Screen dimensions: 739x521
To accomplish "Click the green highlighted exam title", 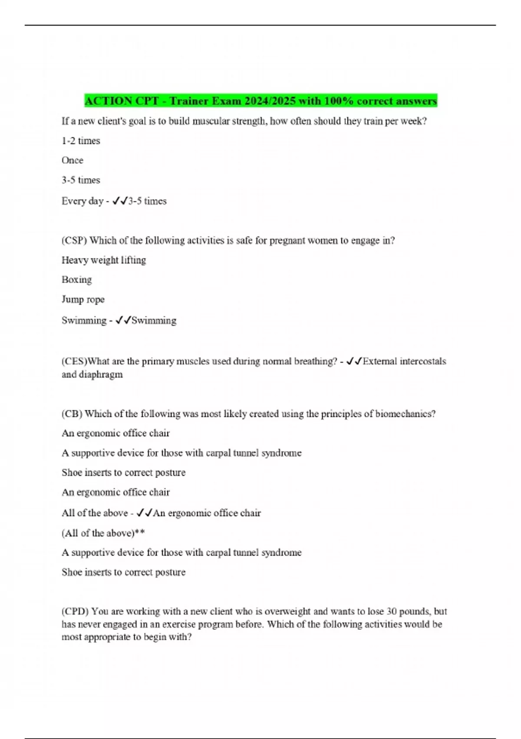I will coord(260,101).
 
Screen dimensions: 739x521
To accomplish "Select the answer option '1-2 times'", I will coord(81,141).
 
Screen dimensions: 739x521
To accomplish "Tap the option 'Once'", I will coord(73,160).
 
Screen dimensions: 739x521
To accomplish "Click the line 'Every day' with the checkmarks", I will coord(114,201).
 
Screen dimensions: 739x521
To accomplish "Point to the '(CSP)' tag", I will coord(74,240).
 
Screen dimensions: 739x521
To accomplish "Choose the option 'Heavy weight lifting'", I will coord(104,260).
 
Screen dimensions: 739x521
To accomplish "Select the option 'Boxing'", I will coord(77,280).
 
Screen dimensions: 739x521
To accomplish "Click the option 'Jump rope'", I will coord(83,300).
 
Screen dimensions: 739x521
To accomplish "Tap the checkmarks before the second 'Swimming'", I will coord(123,320).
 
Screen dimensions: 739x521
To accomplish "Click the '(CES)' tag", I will coord(74,361).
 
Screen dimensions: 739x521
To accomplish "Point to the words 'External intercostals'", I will coord(404,361).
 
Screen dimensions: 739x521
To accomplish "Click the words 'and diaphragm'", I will coord(92,374).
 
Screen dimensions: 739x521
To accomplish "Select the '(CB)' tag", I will coord(72,413).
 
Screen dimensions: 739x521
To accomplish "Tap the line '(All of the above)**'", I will coord(103,533).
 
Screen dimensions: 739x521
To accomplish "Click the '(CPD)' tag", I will coord(75,611).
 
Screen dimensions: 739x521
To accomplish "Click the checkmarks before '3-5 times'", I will coord(120,201).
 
